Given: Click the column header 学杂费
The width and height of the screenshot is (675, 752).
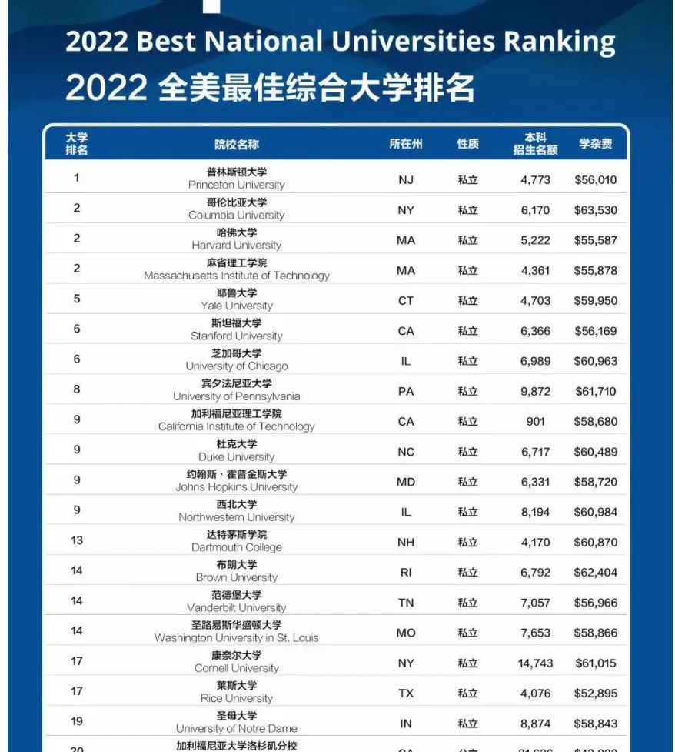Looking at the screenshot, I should click(x=595, y=144).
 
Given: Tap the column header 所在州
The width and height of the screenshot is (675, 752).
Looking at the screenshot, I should click(x=406, y=144).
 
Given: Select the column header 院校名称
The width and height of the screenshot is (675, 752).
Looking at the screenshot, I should click(x=237, y=144).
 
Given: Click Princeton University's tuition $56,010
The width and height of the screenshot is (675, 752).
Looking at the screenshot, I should click(x=595, y=180).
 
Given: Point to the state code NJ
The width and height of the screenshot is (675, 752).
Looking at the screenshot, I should click(x=406, y=180).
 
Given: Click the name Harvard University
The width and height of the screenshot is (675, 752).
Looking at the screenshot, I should click(x=237, y=245).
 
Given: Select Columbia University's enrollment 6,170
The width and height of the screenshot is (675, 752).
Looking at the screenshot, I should click(x=535, y=210).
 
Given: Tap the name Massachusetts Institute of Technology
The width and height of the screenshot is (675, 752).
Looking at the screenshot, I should click(x=237, y=275).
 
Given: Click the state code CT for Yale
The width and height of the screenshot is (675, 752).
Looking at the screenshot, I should click(x=406, y=300).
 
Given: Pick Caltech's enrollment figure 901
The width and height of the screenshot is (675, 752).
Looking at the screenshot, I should click(x=535, y=421).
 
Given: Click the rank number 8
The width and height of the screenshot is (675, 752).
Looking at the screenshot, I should click(x=77, y=389).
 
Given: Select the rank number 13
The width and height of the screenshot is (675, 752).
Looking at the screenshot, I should click(x=77, y=540).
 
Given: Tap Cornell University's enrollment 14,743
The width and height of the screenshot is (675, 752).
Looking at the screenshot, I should click(x=535, y=663).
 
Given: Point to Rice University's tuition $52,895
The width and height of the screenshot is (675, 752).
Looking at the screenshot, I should click(x=595, y=693).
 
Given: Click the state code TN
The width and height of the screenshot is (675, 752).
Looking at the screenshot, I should click(x=406, y=603).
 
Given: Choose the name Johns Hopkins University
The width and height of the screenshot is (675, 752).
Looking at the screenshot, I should click(x=237, y=486).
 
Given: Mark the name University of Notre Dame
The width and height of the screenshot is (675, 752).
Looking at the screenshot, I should click(x=237, y=728).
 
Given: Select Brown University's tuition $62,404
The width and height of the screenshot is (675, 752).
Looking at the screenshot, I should click(x=595, y=573).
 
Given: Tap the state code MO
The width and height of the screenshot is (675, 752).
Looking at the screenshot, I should click(x=406, y=633).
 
